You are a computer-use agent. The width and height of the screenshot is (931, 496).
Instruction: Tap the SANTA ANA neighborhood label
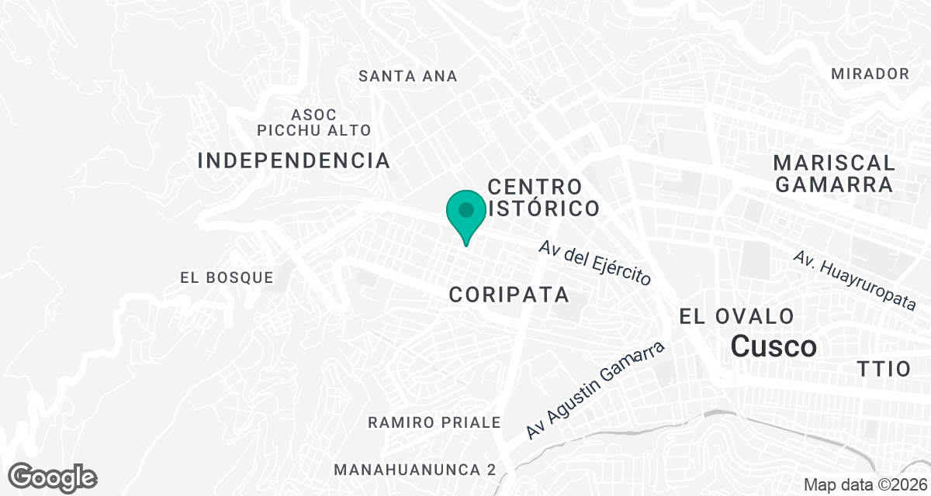pos(408,76)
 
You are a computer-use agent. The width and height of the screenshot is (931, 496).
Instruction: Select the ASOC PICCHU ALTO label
pos(314,122)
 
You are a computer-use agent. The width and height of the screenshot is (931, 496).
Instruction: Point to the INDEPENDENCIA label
pos(294,160)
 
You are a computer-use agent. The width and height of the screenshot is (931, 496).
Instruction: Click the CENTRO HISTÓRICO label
pos(544,198)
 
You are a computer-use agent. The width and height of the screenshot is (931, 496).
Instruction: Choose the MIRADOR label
pos(870,74)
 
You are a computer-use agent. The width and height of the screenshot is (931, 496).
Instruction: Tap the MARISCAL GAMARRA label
pos(834,174)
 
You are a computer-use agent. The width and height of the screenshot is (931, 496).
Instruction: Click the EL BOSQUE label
pos(227,277)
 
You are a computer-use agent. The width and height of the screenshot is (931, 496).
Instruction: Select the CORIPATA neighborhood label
pos(509,294)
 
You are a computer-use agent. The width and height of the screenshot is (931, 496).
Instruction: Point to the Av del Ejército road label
pos(595,263)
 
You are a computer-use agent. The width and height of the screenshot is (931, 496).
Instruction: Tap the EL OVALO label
pos(736,316)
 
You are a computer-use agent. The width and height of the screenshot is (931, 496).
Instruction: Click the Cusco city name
pos(774,346)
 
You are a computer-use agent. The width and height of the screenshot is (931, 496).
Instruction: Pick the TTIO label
pos(884,369)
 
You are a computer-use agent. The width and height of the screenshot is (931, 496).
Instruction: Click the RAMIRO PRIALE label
pos(434,422)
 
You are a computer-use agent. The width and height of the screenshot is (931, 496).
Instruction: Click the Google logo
pos(53,476)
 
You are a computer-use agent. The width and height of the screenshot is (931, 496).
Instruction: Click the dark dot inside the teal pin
pos(466,209)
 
